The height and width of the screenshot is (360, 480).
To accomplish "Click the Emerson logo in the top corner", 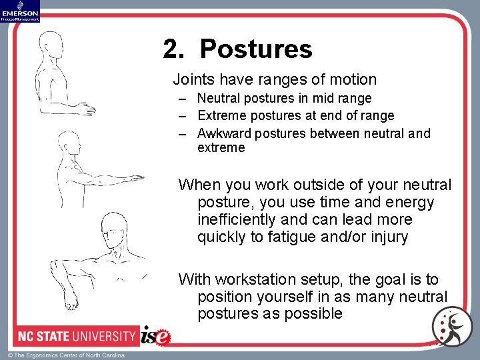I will click(x=20, y=11).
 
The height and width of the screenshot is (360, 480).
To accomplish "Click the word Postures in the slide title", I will click(x=256, y=49).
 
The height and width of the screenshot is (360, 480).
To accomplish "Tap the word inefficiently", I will click(x=243, y=219).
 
